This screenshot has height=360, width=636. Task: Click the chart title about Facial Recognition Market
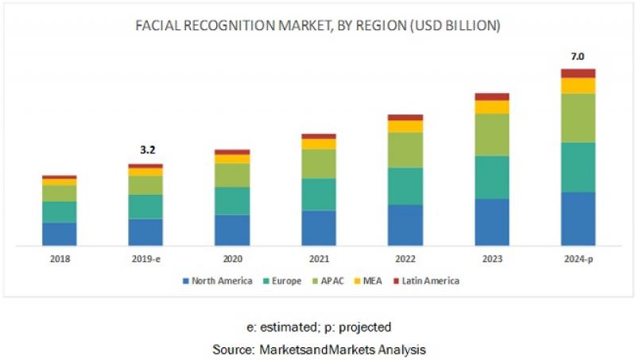[x=318, y=26]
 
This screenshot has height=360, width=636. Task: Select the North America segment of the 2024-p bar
[x=578, y=218]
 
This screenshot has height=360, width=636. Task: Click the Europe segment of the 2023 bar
[x=491, y=176]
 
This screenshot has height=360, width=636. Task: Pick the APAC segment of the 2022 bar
[x=405, y=149]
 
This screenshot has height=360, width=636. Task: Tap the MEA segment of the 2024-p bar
[x=578, y=85]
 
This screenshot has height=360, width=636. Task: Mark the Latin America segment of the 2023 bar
[x=491, y=97]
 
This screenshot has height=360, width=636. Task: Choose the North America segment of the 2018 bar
[x=59, y=234]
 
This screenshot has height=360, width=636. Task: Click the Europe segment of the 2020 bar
[x=231, y=200]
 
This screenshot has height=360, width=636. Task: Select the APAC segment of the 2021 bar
[x=318, y=164]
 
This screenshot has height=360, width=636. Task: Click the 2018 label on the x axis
[x=59, y=259]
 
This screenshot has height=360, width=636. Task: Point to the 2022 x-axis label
[x=405, y=259]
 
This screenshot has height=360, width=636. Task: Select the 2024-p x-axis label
[x=578, y=259]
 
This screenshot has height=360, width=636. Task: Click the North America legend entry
[x=218, y=281]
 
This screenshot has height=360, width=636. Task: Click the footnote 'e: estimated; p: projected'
[x=318, y=327]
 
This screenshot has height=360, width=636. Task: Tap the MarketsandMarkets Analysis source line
[x=318, y=349]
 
